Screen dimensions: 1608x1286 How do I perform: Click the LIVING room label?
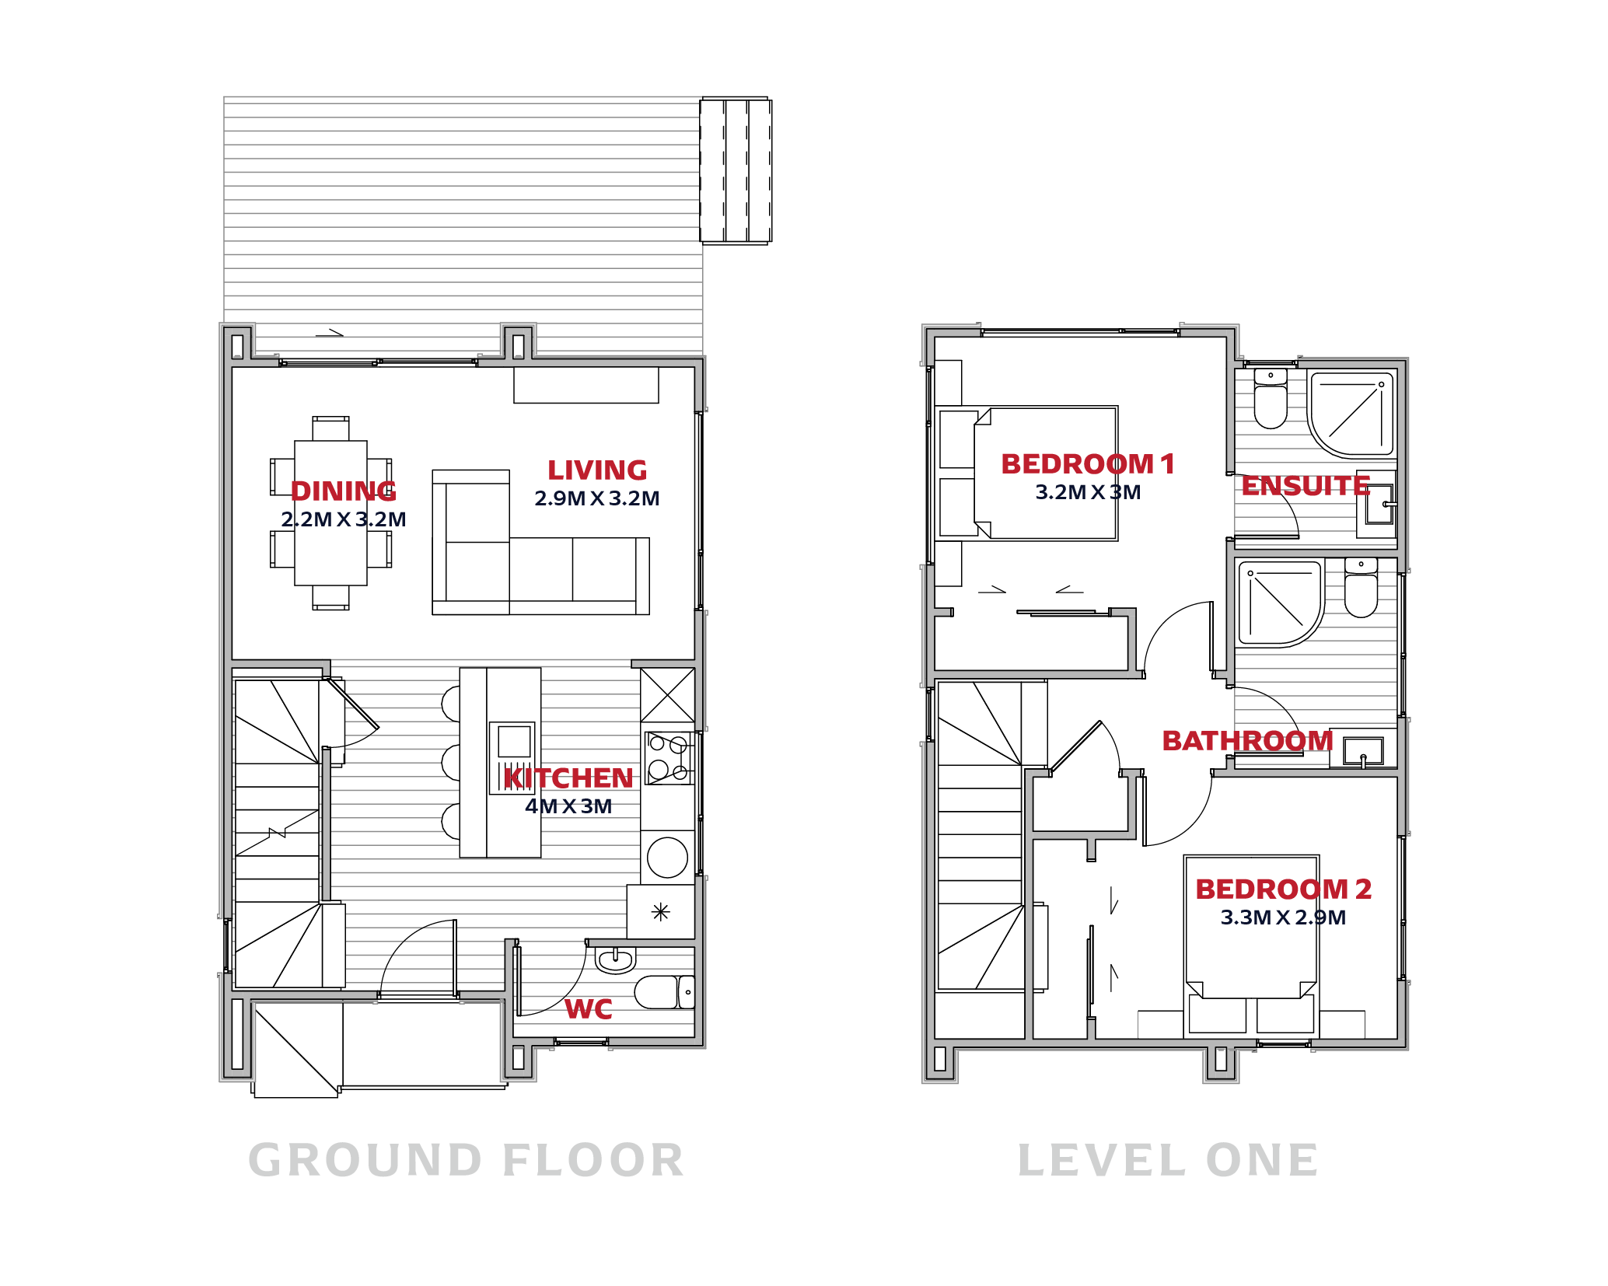(x=597, y=470)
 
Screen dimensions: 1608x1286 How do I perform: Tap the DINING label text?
(x=344, y=491)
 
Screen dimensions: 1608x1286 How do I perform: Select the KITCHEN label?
(x=568, y=778)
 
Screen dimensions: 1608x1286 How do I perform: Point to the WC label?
(x=589, y=1009)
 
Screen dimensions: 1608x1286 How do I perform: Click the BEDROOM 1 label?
(x=1088, y=464)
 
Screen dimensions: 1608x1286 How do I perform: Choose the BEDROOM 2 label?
(x=1283, y=889)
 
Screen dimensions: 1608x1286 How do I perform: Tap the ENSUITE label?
(x=1306, y=486)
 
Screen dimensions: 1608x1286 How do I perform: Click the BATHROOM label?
(x=1248, y=741)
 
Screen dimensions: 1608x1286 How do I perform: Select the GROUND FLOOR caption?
(x=466, y=1161)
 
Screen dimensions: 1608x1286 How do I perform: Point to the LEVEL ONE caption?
(x=1168, y=1161)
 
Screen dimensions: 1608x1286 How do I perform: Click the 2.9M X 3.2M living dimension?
(x=597, y=498)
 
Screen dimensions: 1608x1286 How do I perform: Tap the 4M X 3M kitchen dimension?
(x=568, y=806)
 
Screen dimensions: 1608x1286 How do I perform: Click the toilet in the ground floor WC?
(x=664, y=992)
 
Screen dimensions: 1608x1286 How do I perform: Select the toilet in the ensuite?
(x=1271, y=399)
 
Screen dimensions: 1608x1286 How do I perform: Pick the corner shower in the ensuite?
(x=1353, y=414)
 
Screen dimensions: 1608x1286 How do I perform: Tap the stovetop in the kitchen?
(x=669, y=757)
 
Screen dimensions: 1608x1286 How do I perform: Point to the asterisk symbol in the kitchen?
(x=661, y=912)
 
